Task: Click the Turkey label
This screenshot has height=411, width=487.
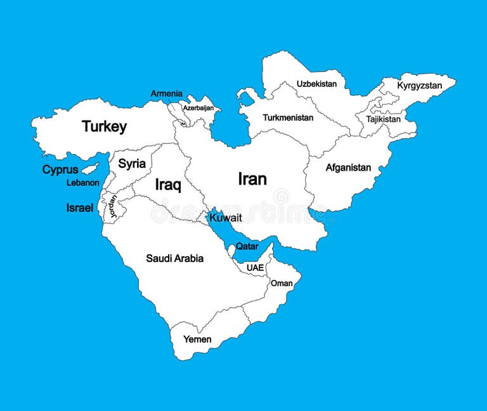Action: (x=104, y=126)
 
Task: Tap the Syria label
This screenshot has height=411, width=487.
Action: (x=132, y=164)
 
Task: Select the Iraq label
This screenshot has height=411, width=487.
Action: (x=168, y=185)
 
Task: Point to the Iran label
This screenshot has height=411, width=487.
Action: (x=252, y=179)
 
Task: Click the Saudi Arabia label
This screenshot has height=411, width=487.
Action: (x=174, y=258)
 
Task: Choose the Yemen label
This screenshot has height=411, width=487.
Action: (x=197, y=339)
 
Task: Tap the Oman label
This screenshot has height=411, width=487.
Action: (x=282, y=283)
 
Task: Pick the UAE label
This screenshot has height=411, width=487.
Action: (x=255, y=268)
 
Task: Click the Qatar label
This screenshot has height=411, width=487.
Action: (x=247, y=246)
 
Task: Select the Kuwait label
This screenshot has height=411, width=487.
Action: (x=226, y=217)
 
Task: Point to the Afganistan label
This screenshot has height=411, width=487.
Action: (x=348, y=167)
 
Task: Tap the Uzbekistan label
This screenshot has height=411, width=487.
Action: (x=316, y=84)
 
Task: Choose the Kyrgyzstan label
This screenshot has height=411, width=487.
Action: (x=420, y=85)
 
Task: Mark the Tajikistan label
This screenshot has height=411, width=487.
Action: (x=383, y=119)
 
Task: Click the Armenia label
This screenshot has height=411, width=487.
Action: (x=166, y=94)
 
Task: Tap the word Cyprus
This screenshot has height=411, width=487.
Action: (x=60, y=169)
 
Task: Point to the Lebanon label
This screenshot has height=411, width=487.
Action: (x=83, y=183)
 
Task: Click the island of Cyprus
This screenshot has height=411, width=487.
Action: (x=90, y=168)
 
